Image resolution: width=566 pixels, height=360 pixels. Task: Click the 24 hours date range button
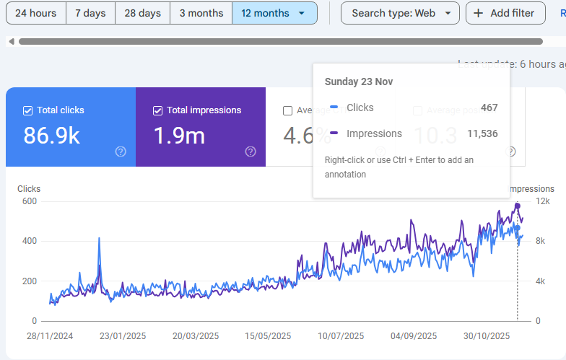click(x=35, y=13)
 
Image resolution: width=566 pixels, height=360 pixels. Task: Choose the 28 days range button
click(x=143, y=13)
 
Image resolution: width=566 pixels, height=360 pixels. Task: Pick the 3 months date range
click(x=201, y=13)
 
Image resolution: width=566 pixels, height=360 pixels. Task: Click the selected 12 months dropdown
click(x=274, y=13)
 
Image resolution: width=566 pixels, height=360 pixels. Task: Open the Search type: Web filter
click(x=400, y=13)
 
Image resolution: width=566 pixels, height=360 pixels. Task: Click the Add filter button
click(x=505, y=13)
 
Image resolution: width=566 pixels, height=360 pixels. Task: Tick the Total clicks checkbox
click(x=28, y=110)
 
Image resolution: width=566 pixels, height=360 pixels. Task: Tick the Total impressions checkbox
click(x=158, y=110)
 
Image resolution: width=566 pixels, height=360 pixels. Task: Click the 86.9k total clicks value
click(x=52, y=136)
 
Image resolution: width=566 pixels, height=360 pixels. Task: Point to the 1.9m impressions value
click(x=179, y=136)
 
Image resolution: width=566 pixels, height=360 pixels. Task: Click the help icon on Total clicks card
click(x=121, y=152)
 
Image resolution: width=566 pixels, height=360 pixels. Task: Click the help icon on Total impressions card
click(x=251, y=152)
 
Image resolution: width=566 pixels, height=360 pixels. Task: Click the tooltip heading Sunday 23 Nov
click(x=359, y=82)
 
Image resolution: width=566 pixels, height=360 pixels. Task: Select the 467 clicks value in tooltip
click(x=489, y=107)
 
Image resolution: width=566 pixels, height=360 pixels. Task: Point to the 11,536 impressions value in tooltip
click(x=482, y=133)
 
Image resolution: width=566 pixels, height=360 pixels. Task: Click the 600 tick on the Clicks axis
click(x=29, y=201)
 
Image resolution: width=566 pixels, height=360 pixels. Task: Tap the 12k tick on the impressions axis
click(x=542, y=201)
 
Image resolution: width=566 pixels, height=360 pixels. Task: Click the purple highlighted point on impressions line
click(x=518, y=206)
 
